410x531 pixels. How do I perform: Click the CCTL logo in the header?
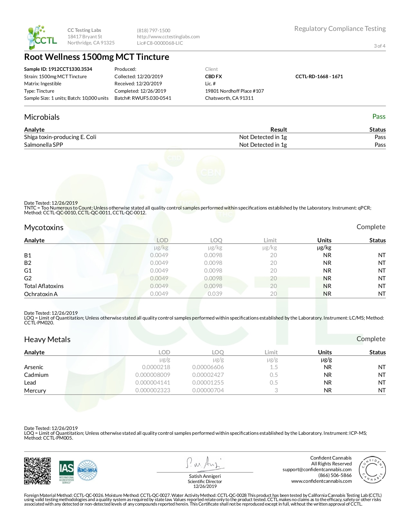[x=42, y=37]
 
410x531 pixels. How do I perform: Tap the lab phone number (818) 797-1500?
[x=153, y=31]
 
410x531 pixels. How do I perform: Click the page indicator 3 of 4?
[x=379, y=46]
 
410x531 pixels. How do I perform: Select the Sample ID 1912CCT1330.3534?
[x=58, y=69]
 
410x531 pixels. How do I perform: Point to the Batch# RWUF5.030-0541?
[x=143, y=98]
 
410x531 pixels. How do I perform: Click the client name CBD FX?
[x=214, y=77]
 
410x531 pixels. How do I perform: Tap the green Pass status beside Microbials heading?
[x=379, y=116]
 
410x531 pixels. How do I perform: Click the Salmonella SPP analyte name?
[x=43, y=145]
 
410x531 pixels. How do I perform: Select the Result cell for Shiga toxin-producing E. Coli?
[x=263, y=137]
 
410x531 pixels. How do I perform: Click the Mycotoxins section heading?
[x=44, y=228]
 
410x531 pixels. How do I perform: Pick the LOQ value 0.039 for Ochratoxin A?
[x=215, y=294]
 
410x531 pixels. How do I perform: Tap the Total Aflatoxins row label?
[x=44, y=286]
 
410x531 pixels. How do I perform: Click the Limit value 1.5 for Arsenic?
[x=274, y=367]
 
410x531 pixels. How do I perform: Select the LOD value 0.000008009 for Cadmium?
[x=153, y=375]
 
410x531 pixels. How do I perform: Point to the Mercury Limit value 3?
[x=276, y=390]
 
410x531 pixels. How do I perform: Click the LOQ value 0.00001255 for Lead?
[x=208, y=383]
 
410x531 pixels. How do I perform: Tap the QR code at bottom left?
[x=38, y=471]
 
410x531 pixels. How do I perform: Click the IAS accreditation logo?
[x=66, y=472]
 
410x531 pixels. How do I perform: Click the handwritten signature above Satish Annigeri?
[x=204, y=463]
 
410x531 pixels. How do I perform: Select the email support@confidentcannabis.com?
[x=317, y=470]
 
